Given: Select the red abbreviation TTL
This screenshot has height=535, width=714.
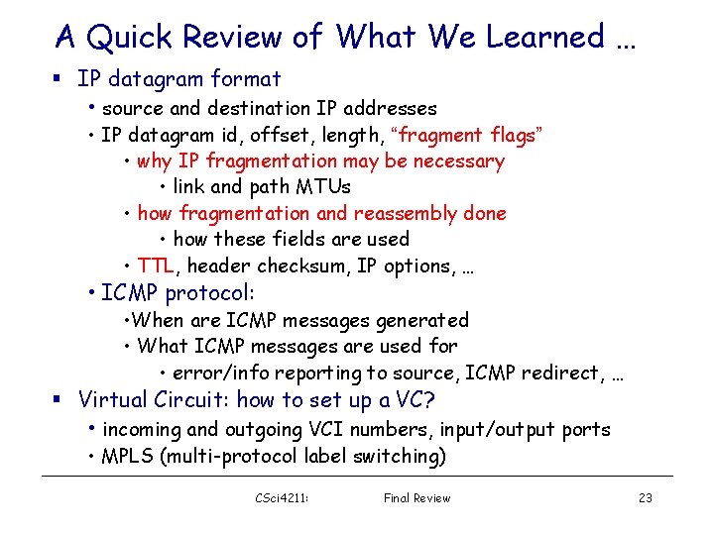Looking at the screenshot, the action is pos(156,266).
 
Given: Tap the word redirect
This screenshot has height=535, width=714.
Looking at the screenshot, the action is pos(564,373).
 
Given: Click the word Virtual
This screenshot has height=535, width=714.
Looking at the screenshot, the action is pos(113,400).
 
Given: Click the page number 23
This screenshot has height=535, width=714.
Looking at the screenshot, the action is pos(646,497).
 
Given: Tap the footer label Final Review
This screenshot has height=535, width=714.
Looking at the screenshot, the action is pos(416,497).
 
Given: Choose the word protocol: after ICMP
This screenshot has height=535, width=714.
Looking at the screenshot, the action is pos(210,293).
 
